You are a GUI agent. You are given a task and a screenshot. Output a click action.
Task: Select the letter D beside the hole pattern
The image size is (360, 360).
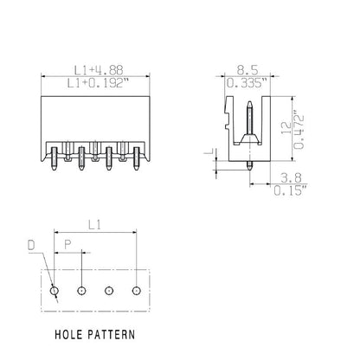(31, 246)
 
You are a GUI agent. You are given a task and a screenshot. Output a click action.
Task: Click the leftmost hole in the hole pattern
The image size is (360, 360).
(55, 290)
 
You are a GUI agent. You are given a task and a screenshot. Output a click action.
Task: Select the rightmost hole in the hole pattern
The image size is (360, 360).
(136, 290)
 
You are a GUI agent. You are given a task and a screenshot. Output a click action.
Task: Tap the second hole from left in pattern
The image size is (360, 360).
(81, 290)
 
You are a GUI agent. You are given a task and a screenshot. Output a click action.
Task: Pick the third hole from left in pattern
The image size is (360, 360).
(109, 290)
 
